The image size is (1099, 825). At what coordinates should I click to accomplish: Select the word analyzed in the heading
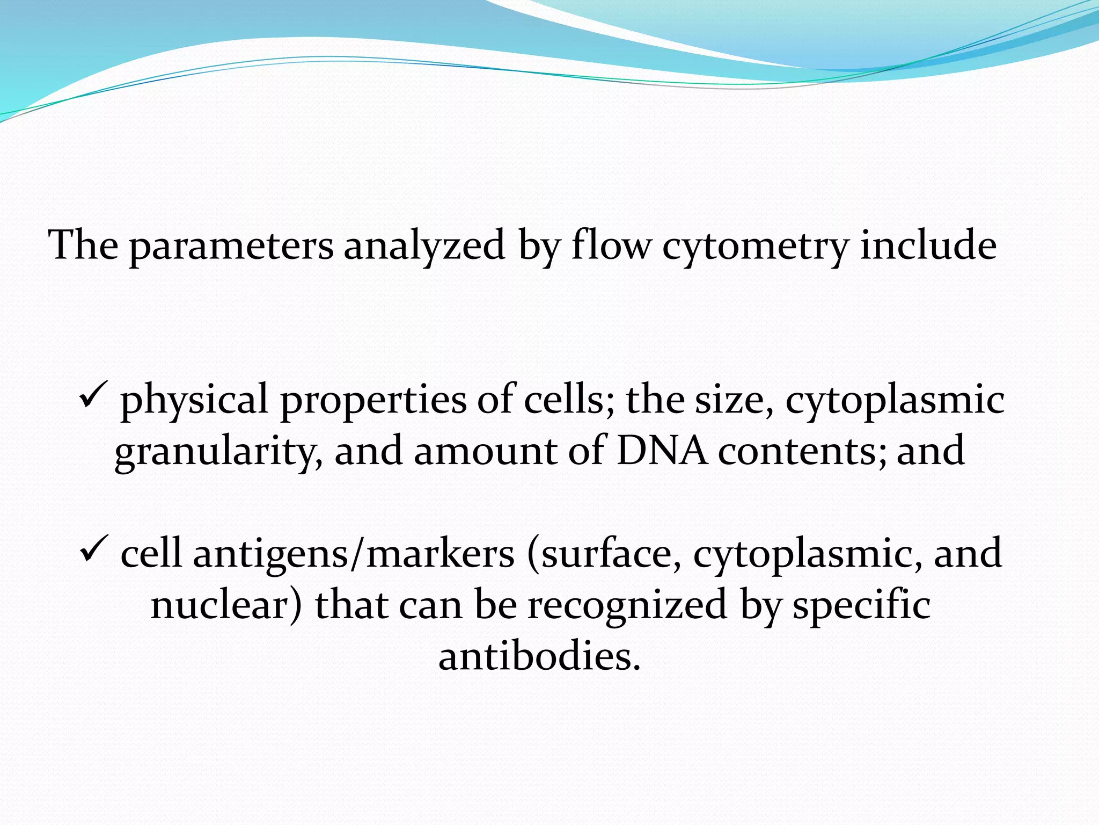tap(424, 246)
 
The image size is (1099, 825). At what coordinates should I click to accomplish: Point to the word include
tap(928, 245)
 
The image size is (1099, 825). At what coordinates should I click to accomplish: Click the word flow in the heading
tap(611, 245)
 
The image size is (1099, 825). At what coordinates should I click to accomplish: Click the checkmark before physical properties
tap(94, 396)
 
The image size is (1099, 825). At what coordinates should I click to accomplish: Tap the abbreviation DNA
tap(662, 450)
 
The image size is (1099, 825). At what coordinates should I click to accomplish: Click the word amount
tap(485, 450)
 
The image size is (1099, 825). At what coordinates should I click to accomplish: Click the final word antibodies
tap(540, 656)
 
